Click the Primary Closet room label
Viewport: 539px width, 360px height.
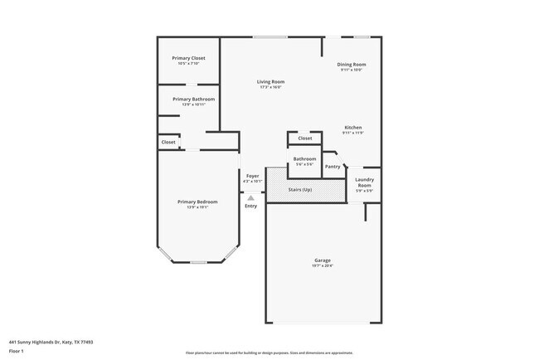tap(188, 58)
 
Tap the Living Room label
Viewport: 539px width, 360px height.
tap(270, 81)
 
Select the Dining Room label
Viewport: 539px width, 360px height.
tap(352, 64)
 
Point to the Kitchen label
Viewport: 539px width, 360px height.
tap(354, 127)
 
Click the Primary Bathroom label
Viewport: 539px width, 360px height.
tap(188, 99)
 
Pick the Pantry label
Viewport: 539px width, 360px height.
tap(333, 167)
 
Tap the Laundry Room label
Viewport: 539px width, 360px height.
tap(364, 182)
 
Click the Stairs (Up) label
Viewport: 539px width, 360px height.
tap(300, 190)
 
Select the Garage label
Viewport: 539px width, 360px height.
tap(322, 260)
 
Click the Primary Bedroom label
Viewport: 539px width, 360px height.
tap(197, 202)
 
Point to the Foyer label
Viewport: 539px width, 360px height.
tap(252, 175)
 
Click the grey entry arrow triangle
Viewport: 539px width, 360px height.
tap(251, 197)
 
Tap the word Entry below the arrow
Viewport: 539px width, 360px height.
tap(251, 206)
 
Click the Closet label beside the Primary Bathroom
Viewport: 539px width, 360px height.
tap(168, 143)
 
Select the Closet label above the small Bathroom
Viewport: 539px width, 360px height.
tap(305, 139)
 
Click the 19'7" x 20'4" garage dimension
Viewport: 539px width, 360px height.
tap(322, 266)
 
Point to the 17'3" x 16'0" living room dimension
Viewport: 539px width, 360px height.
tap(270, 87)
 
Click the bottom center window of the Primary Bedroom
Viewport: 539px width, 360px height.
tap(198, 262)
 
